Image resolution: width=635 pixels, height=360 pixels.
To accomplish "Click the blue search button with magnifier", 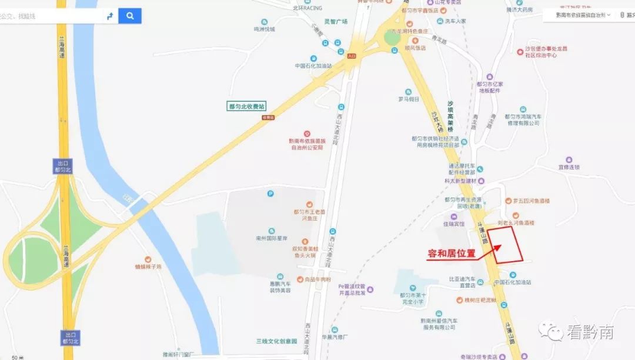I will coord(129,16).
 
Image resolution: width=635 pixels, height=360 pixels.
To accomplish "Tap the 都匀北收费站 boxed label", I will coord(247,106).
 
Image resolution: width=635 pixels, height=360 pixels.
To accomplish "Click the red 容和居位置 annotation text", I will coord(451,254).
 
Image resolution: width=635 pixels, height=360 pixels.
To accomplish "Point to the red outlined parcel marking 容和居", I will coord(507,245).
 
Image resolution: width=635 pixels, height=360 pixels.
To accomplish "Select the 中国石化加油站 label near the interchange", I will coord(313,66).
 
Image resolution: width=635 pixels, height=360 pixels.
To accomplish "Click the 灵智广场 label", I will coord(336,22).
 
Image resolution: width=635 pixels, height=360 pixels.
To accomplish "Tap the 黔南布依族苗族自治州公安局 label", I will coord(306,144).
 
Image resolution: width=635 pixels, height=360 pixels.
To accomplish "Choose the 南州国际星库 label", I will coord(271,239).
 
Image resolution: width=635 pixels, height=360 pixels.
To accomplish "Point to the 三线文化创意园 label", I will coord(276,341).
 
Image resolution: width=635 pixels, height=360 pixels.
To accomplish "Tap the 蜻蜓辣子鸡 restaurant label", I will coord(148,266).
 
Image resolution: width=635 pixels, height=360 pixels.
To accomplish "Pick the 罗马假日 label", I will coord(408,99).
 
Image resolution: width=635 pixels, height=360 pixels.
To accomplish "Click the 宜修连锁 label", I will coord(569,167).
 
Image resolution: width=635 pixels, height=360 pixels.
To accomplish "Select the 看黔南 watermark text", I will coord(590,332).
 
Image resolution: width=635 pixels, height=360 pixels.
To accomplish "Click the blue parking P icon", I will coord(270,193).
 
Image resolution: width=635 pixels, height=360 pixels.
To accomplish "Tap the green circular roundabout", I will coord(392,38).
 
